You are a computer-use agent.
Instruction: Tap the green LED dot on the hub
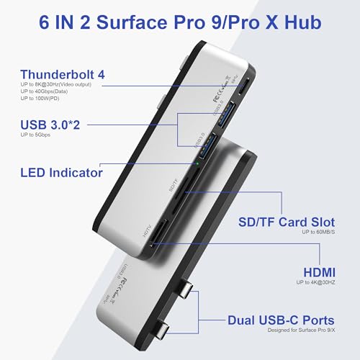click(x=197, y=163)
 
